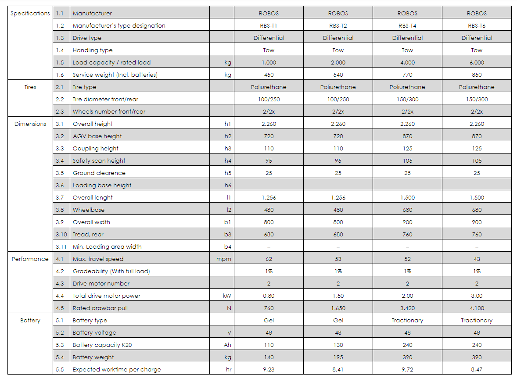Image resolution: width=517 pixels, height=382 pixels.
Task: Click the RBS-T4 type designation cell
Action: [407, 25]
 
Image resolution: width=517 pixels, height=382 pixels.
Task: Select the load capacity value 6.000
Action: [477, 62]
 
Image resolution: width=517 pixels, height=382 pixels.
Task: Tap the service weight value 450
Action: [269, 75]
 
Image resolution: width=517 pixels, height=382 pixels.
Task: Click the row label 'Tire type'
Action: [85, 87]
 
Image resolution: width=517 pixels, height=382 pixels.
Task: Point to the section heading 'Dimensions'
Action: [30, 124]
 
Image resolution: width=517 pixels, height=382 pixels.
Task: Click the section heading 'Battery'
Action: [30, 320]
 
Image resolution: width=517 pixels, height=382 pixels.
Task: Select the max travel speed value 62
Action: [269, 259]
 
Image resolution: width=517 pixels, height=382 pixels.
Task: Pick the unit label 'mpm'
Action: [224, 259]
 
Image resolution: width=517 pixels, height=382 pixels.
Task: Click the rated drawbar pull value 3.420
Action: [407, 308]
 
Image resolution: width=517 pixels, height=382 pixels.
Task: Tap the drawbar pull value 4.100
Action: [477, 308]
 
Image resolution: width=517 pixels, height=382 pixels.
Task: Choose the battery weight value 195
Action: [338, 357]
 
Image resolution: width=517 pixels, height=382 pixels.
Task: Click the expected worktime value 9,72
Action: [407, 369]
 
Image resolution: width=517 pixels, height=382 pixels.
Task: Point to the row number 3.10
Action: [61, 234]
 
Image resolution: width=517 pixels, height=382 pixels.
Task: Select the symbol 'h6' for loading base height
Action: [227, 185]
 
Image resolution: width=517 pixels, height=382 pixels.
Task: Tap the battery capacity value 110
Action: [269, 345]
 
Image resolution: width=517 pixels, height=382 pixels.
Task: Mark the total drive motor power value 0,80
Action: [269, 296]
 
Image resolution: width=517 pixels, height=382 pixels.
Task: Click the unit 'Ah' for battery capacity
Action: [227, 345]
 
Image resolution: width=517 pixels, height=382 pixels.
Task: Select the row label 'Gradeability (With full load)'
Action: [111, 271]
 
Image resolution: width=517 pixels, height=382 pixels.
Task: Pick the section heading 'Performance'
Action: [30, 259]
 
